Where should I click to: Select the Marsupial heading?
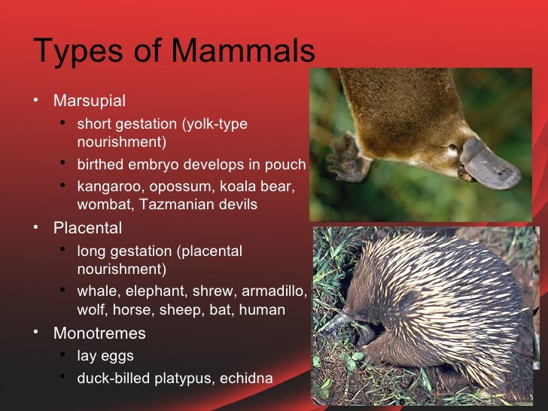click(90, 100)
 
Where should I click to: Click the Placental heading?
click(87, 227)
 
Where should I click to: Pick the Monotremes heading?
click(99, 333)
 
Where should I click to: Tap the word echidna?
click(245, 378)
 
